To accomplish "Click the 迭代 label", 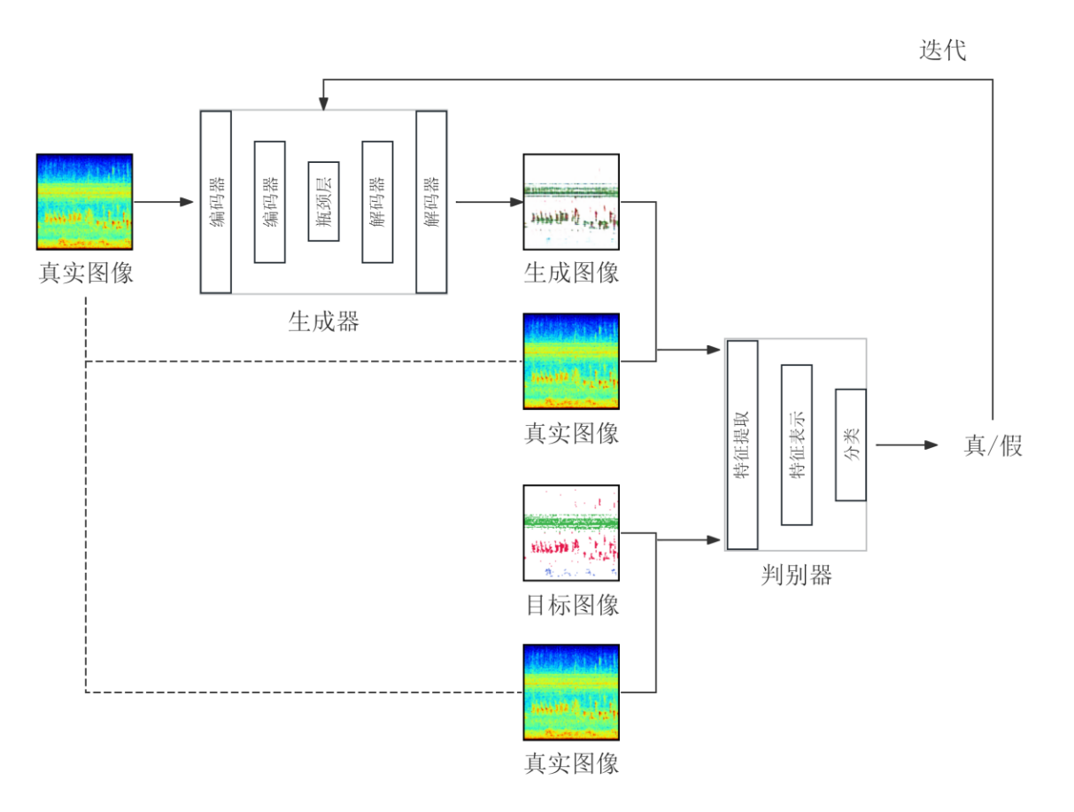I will coord(942,50).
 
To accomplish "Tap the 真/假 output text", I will coord(993,445).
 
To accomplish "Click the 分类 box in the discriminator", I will coord(850,445).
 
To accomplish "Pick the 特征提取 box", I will coord(742,445).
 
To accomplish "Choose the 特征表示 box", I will coord(796,445).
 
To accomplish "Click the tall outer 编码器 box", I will coord(216,202).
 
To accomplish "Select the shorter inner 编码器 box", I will coord(269,202).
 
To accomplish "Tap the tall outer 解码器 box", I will coord(431,202).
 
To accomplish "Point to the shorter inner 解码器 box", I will coord(377,202).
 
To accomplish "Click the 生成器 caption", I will coord(324,321).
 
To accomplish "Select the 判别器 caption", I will coord(796,576).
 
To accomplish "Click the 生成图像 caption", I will coord(571,272).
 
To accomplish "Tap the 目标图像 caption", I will coord(571,606).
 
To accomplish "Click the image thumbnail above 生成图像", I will coord(571,203).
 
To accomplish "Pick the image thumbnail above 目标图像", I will coord(571,533).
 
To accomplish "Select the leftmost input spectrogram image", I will coord(84,202).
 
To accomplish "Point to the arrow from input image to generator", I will coord(164,202).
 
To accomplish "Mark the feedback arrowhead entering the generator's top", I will coord(323,104).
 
